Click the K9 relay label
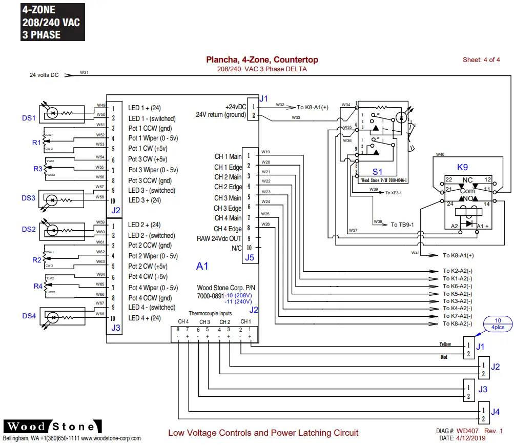click(x=463, y=168)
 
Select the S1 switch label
click(x=378, y=172)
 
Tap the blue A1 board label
click(x=202, y=266)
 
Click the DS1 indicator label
click(x=29, y=118)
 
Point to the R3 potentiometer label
click(x=38, y=169)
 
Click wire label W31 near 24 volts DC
click(x=84, y=72)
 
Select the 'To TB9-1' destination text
click(x=402, y=225)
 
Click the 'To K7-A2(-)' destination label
click(x=458, y=316)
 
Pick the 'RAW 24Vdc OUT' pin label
click(x=219, y=238)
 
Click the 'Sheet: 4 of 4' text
click(x=481, y=60)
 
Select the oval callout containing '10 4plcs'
click(x=498, y=323)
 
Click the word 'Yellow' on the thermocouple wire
click(x=445, y=344)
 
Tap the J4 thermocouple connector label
click(x=495, y=411)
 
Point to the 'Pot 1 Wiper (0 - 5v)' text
click(x=153, y=138)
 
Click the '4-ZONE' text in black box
click(x=38, y=10)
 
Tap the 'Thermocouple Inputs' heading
click(x=210, y=313)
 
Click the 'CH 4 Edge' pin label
click(x=228, y=229)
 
